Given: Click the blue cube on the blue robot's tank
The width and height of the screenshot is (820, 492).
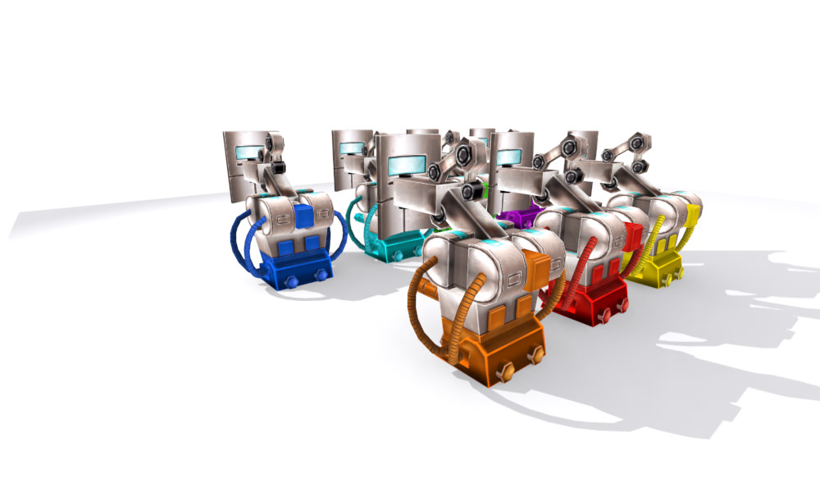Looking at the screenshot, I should tap(303, 216).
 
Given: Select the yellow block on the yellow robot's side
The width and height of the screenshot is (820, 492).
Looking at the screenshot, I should tap(694, 216).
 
